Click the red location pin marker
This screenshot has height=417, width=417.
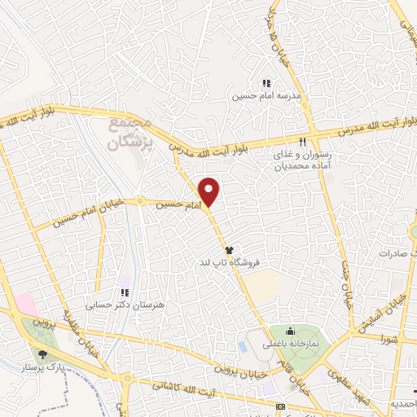pos(210,191)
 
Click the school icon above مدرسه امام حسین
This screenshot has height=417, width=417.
pos(266,82)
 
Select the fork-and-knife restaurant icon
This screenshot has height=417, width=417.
pos(303,142)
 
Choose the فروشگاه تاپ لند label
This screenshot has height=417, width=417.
pos(232,264)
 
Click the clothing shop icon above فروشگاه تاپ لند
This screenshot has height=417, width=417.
pos(230,251)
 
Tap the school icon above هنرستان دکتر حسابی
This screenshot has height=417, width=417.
pos(124,292)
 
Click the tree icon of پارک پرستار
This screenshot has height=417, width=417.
pos(42,354)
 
